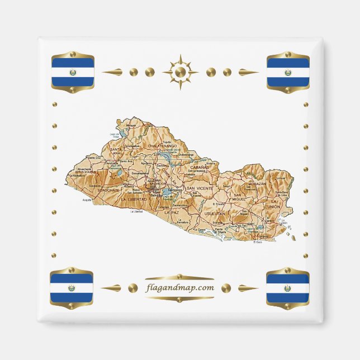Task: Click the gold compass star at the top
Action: pyautogui.click(x=180, y=72)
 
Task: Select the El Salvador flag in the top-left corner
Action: pyautogui.click(x=72, y=72)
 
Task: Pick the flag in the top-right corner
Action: pyautogui.click(x=288, y=72)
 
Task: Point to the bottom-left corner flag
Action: pyautogui.click(x=72, y=288)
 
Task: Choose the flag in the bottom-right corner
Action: pyautogui.click(x=288, y=288)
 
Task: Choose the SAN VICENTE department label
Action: pyautogui.click(x=200, y=189)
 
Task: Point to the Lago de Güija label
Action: pyautogui.click(x=115, y=136)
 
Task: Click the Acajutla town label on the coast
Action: pyautogui.click(x=87, y=200)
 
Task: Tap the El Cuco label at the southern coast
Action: pyautogui.click(x=257, y=242)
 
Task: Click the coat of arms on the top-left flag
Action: pyautogui.click(x=72, y=73)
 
